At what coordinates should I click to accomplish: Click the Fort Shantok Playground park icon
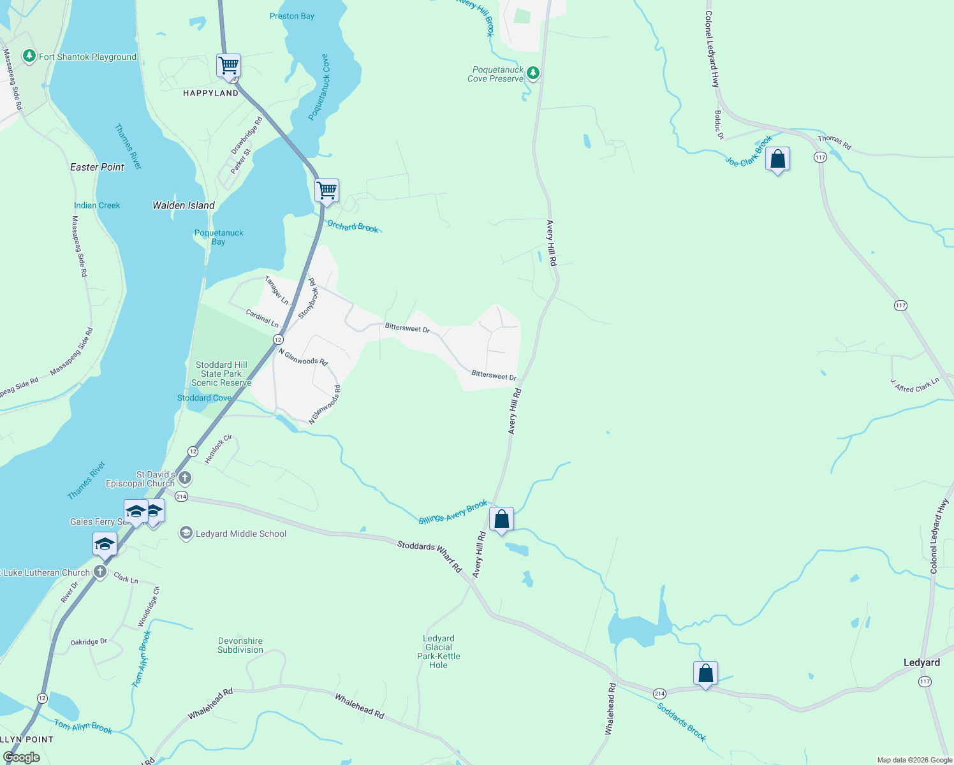[29, 57]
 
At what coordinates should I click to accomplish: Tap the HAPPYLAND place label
[210, 93]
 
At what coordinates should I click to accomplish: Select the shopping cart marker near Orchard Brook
[327, 191]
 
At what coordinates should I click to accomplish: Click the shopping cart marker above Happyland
[228, 66]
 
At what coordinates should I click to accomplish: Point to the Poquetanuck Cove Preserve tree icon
[533, 73]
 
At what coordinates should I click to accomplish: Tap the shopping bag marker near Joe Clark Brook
[777, 159]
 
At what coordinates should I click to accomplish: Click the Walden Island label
[184, 205]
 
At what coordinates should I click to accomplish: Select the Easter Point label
[97, 167]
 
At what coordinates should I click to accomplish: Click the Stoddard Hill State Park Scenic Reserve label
[221, 374]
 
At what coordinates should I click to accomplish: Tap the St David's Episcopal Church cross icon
[185, 477]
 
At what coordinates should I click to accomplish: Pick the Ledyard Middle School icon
[186, 534]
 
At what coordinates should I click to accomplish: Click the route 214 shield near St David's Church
[182, 497]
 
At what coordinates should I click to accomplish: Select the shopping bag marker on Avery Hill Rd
[501, 520]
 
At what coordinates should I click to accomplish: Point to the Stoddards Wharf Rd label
[429, 555]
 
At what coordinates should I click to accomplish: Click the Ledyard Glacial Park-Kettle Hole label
[439, 652]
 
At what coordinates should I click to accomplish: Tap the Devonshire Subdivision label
[240, 645]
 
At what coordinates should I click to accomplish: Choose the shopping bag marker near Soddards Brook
[705, 674]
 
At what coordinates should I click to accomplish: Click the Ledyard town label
[921, 663]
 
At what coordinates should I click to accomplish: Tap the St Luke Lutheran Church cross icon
[100, 572]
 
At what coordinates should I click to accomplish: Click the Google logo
[22, 757]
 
